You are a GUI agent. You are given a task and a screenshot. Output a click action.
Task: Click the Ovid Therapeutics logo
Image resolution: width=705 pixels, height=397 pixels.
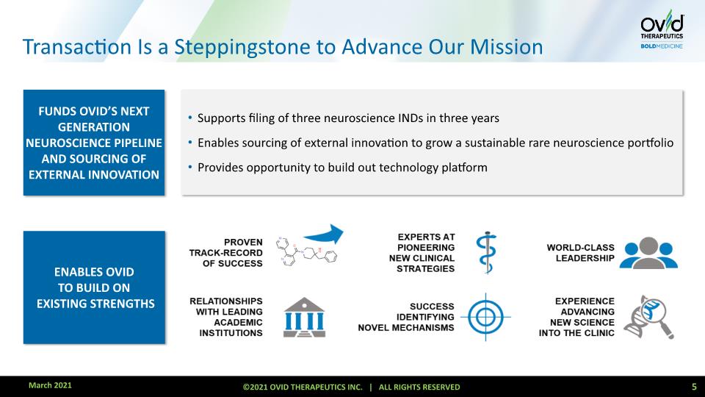(x=662, y=29)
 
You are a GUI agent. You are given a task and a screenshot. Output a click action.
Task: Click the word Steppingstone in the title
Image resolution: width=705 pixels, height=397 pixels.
(x=242, y=48)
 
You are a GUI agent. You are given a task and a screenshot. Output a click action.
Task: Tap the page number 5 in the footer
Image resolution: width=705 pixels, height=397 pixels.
(x=694, y=387)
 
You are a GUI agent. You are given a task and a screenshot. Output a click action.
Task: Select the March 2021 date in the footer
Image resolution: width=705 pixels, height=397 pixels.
(x=50, y=385)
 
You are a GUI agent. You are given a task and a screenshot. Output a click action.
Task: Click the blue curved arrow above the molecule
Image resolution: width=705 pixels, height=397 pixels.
(x=324, y=235)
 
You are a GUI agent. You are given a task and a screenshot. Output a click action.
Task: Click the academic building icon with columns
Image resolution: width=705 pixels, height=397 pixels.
(x=304, y=318)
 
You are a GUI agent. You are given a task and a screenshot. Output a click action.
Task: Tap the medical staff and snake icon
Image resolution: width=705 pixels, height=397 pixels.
(x=486, y=252)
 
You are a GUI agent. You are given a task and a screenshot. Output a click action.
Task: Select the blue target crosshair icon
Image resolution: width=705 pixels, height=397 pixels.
(x=485, y=317)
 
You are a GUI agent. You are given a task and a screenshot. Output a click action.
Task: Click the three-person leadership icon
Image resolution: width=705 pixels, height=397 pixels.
(x=648, y=253)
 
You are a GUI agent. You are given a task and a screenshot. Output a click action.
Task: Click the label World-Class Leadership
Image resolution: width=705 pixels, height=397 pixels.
(x=580, y=253)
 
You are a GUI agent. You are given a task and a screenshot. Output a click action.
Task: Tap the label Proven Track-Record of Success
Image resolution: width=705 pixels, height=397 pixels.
(x=225, y=253)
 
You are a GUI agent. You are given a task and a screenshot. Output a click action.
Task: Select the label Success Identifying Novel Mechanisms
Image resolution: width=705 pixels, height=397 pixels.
(x=406, y=318)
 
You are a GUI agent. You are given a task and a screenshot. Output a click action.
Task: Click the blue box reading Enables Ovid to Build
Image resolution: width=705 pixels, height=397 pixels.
(x=94, y=287)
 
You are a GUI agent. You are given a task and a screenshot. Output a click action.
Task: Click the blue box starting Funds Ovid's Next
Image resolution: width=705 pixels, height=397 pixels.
(x=94, y=143)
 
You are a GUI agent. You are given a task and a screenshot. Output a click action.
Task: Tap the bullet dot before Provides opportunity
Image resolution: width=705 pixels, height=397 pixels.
(x=190, y=168)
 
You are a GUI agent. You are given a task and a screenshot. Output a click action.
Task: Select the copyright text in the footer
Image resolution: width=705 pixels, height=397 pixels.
(x=351, y=387)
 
